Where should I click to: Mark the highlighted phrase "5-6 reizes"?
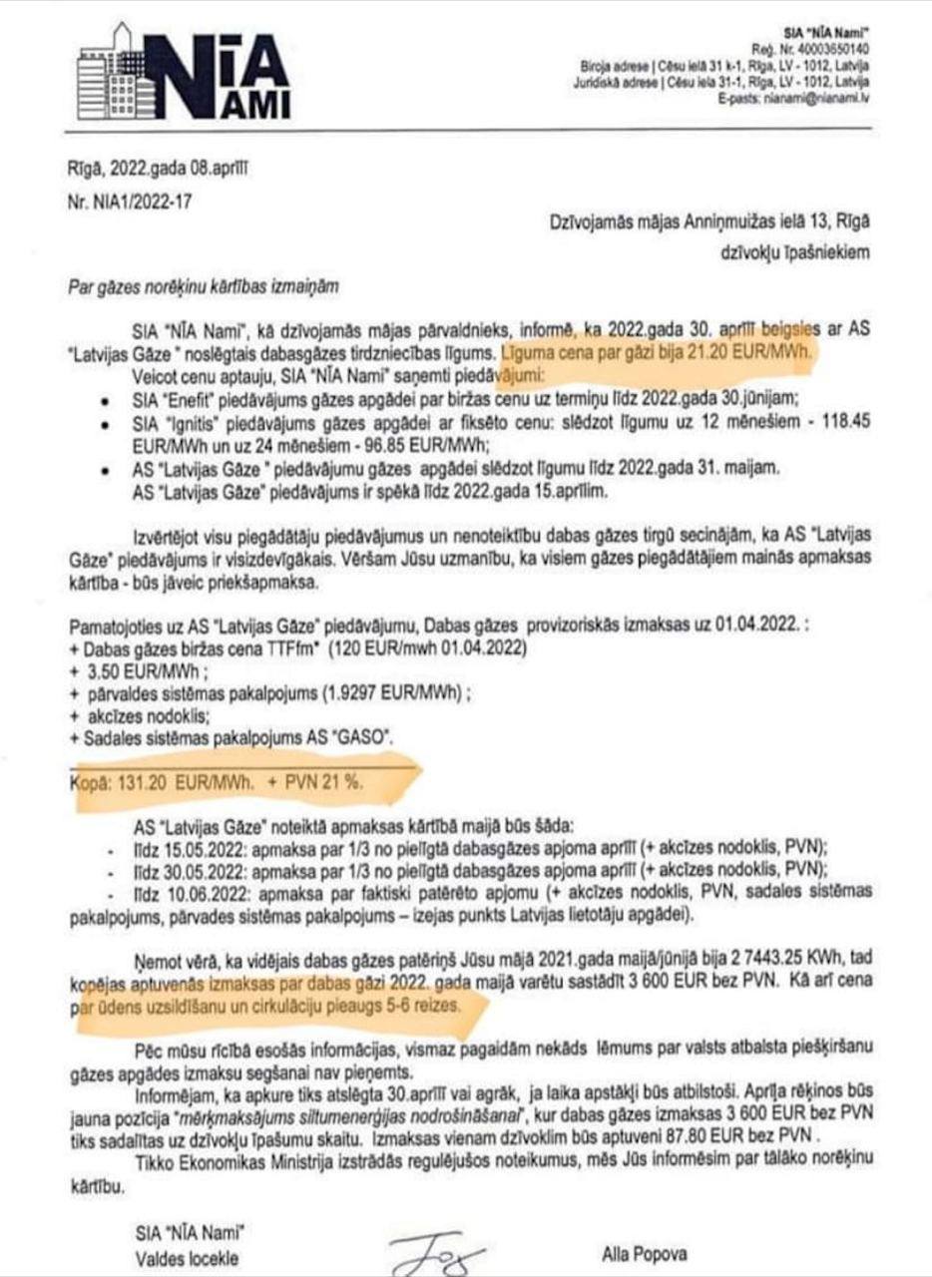click(x=431, y=1006)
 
